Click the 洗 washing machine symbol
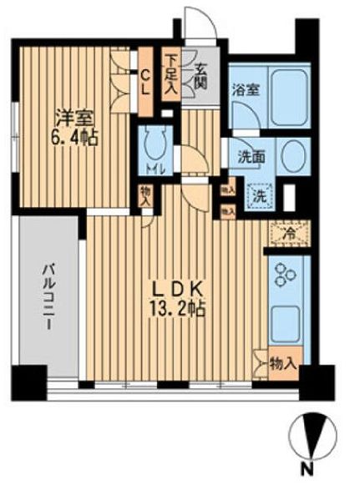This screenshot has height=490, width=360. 261,198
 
